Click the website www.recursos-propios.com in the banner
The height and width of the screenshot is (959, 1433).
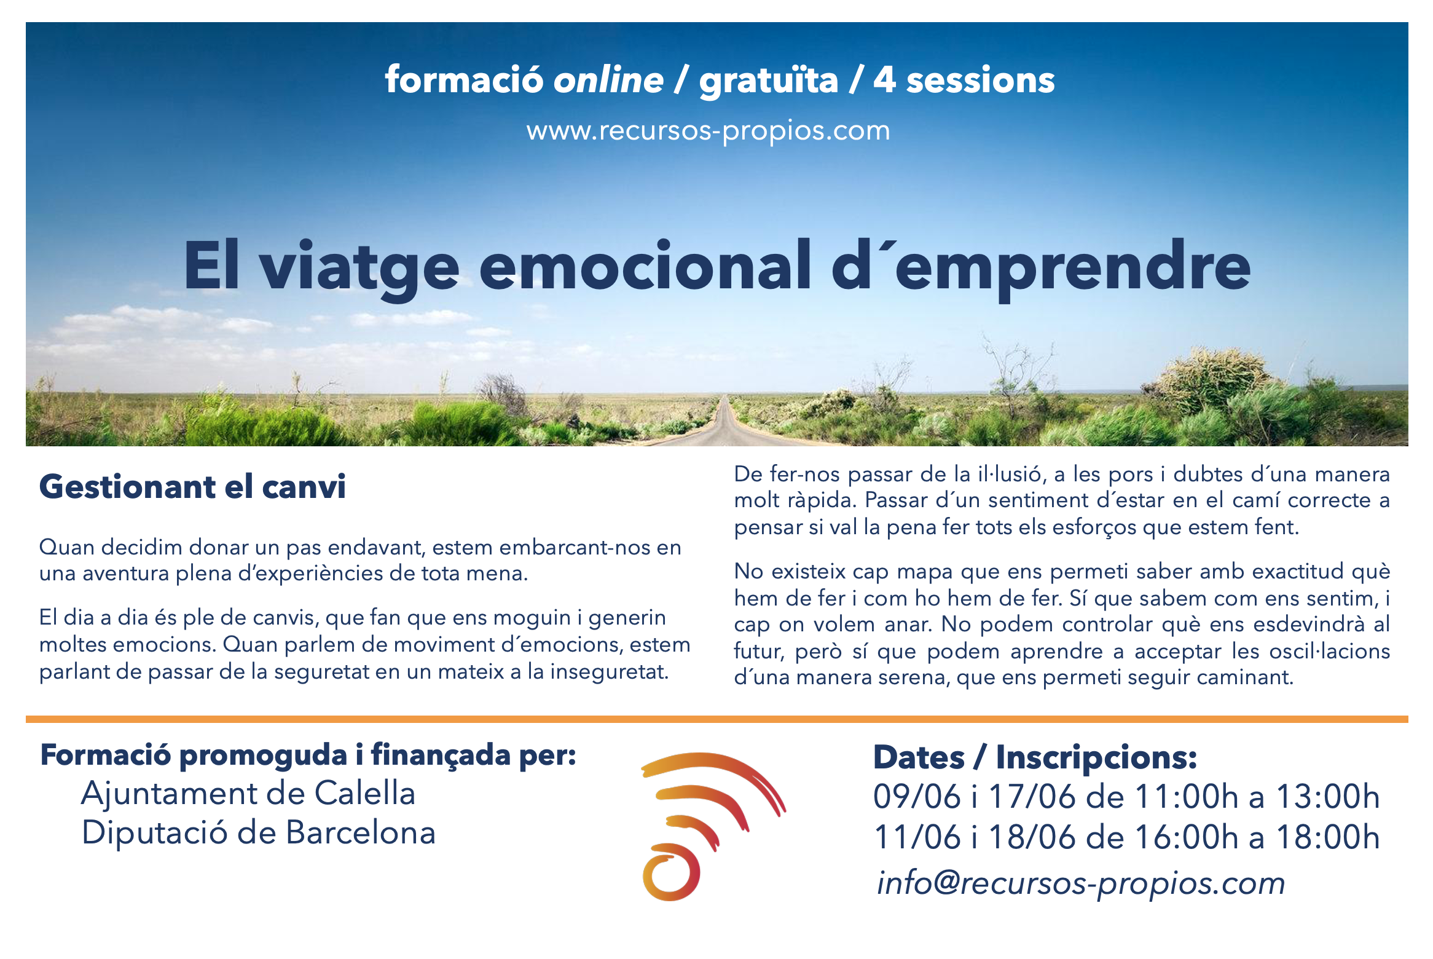click(x=708, y=131)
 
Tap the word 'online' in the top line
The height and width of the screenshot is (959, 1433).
click(x=608, y=81)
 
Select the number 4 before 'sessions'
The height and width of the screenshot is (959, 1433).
click(x=885, y=81)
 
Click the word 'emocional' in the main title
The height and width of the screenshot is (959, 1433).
click(x=645, y=266)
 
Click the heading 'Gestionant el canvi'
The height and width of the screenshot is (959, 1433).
click(x=192, y=487)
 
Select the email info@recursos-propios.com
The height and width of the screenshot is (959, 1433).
click(x=1080, y=883)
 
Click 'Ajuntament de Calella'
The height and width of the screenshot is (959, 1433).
click(x=248, y=793)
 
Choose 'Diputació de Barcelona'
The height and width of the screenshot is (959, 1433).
click(x=259, y=833)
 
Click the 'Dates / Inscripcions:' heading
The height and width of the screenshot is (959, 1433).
click(x=1035, y=757)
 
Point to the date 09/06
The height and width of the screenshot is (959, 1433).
click(x=917, y=797)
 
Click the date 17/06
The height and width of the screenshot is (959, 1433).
click(x=1032, y=797)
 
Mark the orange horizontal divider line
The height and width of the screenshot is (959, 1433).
click(x=716, y=719)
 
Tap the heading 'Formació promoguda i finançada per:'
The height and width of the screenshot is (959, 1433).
click(x=308, y=756)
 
